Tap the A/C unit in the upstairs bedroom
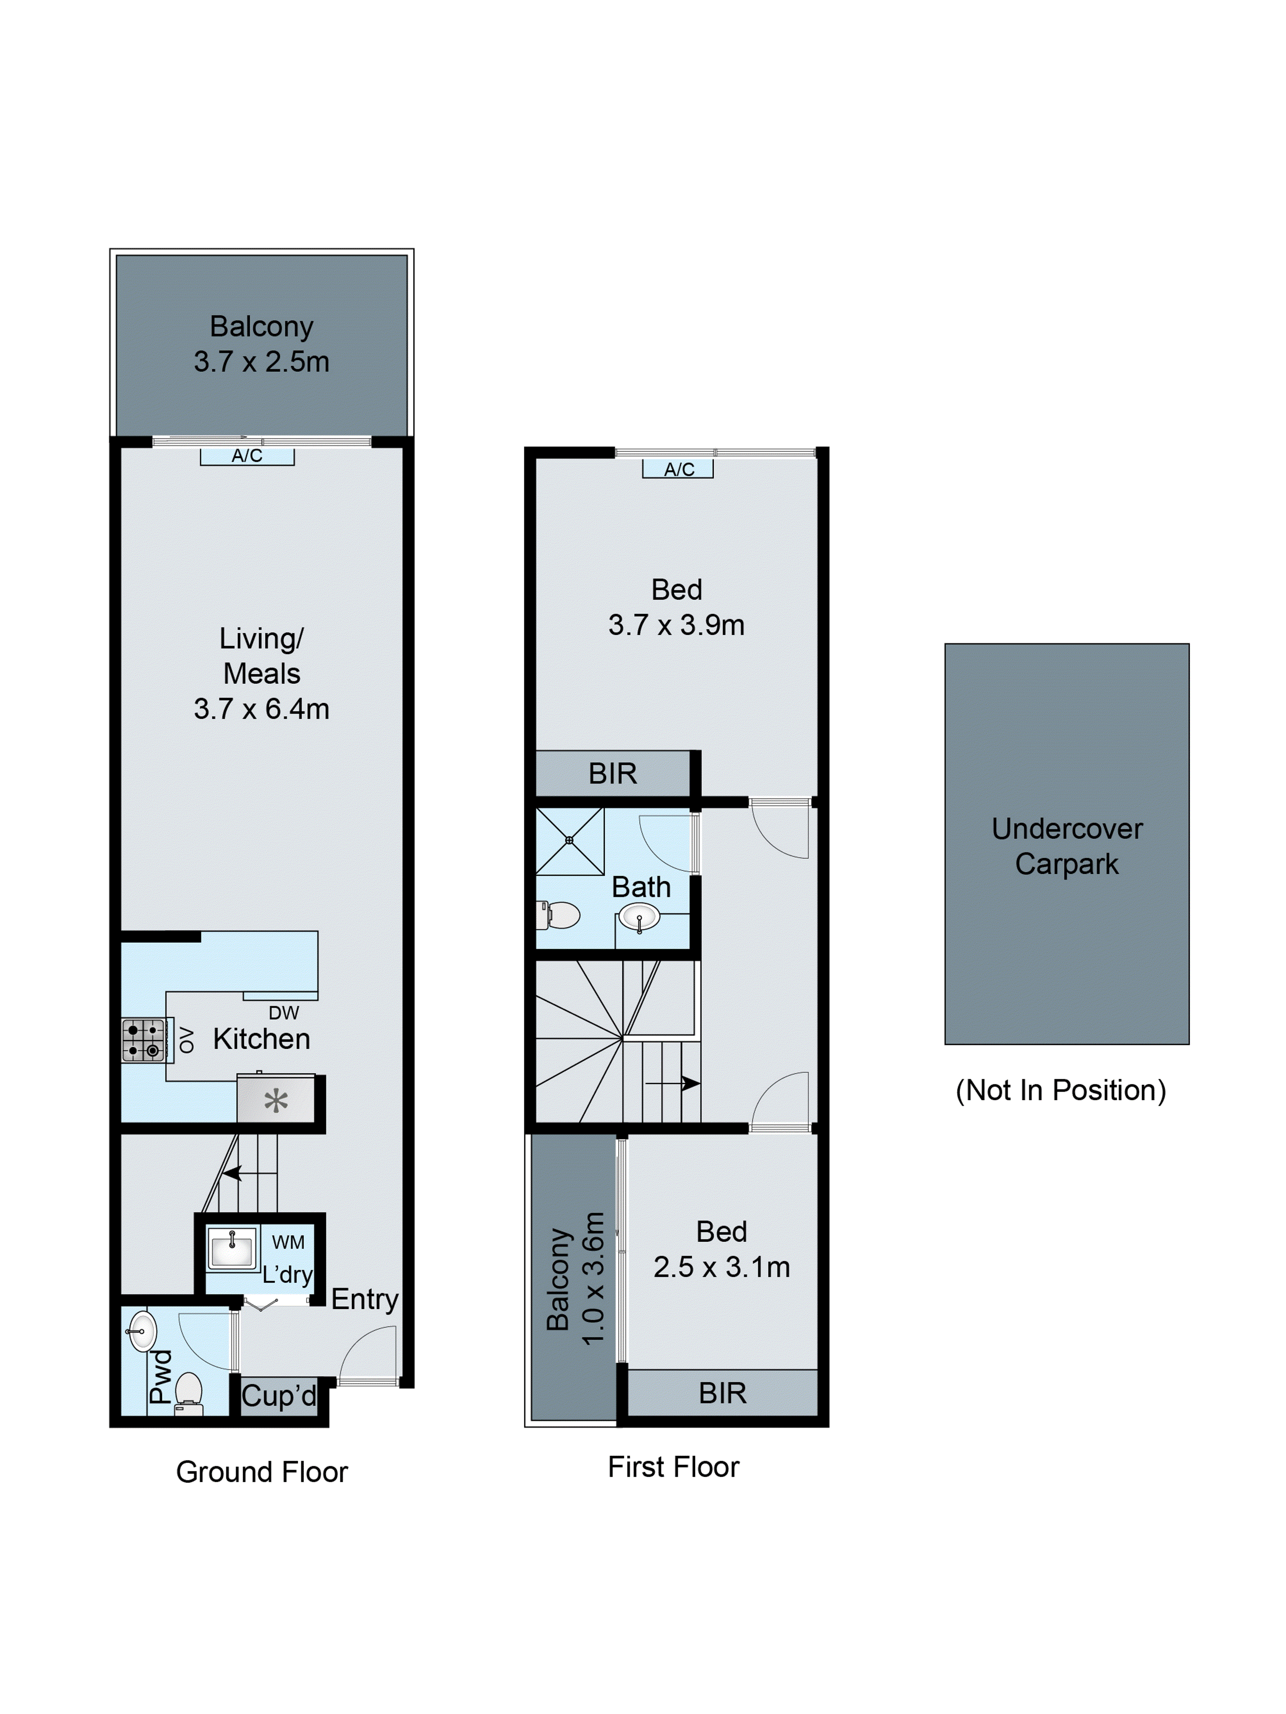677,469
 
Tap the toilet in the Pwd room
188,1393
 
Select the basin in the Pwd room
143,1331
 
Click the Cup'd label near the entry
278,1396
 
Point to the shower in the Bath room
569,841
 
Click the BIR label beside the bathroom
613,773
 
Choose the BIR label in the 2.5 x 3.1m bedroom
722,1393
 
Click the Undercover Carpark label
1067,846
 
